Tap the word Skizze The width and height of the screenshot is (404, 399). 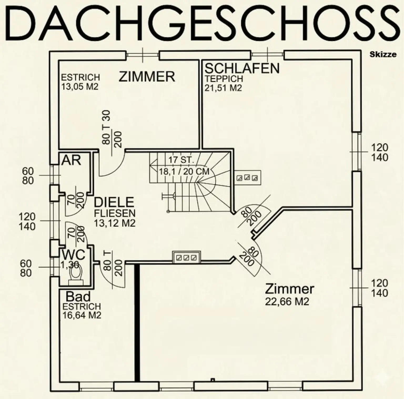tap(383, 55)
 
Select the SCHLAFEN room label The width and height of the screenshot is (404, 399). tap(242, 68)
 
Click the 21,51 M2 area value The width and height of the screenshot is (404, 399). tap(223, 88)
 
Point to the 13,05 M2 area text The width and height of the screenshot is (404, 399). tap(80, 86)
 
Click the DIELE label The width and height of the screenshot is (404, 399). tap(114, 202)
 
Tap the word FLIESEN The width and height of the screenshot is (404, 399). tap(115, 213)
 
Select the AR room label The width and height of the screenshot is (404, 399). tap(71, 160)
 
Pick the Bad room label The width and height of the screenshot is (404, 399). tap(78, 297)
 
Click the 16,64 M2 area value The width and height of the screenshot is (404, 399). tap(82, 315)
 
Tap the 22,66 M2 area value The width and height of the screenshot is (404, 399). tap(287, 301)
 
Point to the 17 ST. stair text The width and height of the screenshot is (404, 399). tap(181, 160)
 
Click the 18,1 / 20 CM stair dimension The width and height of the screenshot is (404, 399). tap(184, 171)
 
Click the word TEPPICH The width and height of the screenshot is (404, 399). tap(224, 79)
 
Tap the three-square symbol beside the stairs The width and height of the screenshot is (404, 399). tap(247, 178)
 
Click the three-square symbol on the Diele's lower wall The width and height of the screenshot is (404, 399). tap(186, 257)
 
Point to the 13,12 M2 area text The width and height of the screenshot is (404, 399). tap(115, 223)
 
